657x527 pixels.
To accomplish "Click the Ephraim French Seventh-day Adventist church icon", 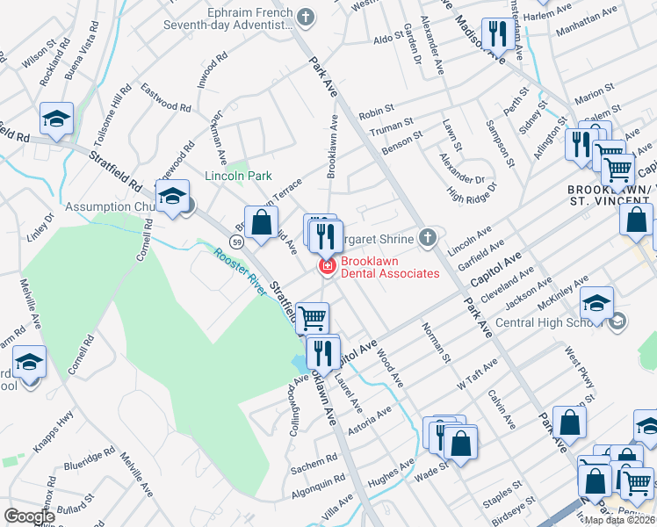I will point(306,16).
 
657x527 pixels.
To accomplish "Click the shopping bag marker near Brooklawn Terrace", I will point(261,223).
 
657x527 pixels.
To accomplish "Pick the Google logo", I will point(30,516).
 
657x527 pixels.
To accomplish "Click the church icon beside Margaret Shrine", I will point(427,236).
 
